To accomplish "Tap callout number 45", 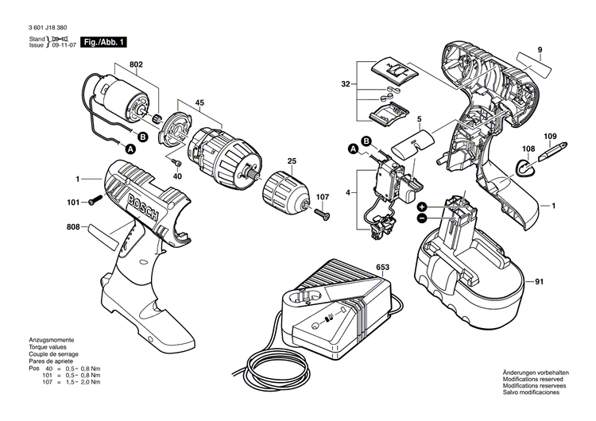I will click(x=199, y=101).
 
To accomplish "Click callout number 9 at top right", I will click(x=539, y=50).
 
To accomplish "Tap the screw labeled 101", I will click(x=93, y=203).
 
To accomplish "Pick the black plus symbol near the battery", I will click(x=421, y=206).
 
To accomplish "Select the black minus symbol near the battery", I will click(x=421, y=217).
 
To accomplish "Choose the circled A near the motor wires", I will click(x=126, y=147).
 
